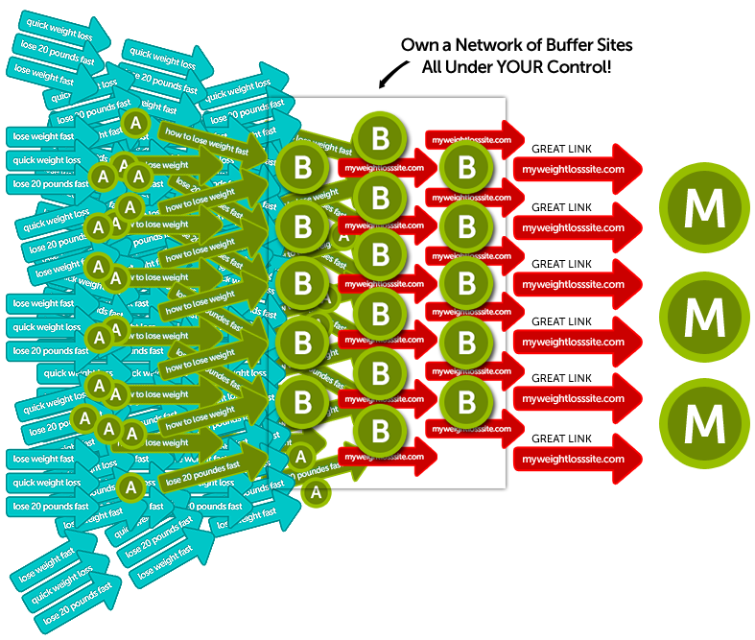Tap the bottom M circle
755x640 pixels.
(x=703, y=419)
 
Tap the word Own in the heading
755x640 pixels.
(x=416, y=45)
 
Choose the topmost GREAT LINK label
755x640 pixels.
(x=561, y=150)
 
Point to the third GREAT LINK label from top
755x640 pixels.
(x=561, y=264)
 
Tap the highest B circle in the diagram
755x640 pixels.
(x=381, y=139)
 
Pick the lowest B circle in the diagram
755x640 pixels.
(x=381, y=426)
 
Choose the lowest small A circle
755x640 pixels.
(x=316, y=493)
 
